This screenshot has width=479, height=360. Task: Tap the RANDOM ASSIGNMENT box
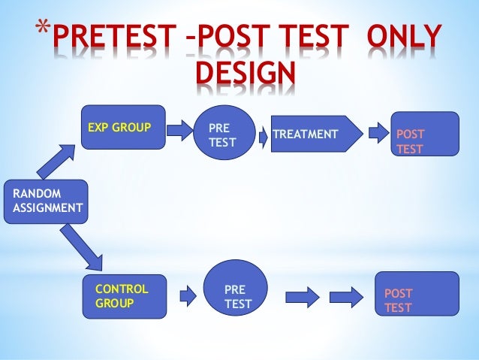[45, 201]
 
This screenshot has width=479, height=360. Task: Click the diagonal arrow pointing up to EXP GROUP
[59, 160]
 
